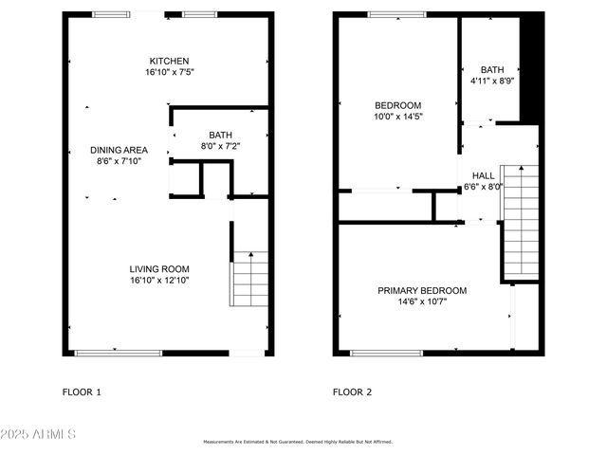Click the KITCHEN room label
coord(170,60)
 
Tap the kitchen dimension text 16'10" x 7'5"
coord(170,72)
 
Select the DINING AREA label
coord(119,150)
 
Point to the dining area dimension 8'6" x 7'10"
coord(119,162)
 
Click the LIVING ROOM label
coord(161,268)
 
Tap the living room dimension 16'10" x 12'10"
coord(161,281)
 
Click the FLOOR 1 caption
coord(82,391)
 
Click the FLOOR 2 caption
coord(352,391)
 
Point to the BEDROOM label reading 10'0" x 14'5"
coord(398,105)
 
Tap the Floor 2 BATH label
coord(492,69)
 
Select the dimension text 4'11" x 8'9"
coord(492,82)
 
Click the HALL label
coord(484,175)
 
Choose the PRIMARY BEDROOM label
coord(422,290)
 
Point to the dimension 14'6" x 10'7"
coord(422,302)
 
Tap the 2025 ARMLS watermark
coord(41,434)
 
